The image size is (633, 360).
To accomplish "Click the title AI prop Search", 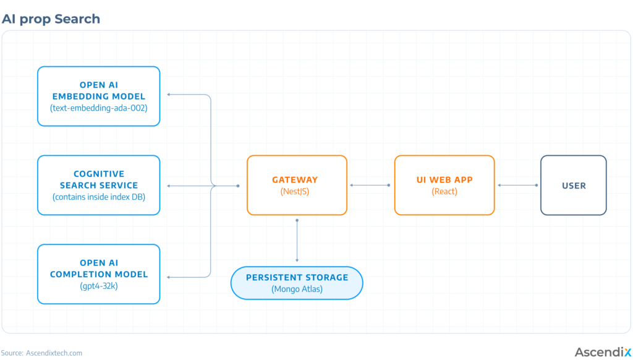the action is (x=51, y=19).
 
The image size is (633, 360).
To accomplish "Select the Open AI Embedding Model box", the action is (x=98, y=96).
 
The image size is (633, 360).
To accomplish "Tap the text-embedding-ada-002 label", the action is (x=98, y=108).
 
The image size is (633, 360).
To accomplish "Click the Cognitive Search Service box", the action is (x=98, y=185).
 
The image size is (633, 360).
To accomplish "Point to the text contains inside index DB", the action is (x=98, y=197).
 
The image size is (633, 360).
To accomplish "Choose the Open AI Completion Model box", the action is (x=98, y=274).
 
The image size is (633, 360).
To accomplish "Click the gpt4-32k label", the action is (x=98, y=286).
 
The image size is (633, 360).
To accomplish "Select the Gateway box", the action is (x=297, y=185).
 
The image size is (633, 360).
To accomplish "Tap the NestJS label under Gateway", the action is (x=295, y=192).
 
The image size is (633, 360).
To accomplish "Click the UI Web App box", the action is (x=444, y=185).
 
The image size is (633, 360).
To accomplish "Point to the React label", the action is (x=444, y=192).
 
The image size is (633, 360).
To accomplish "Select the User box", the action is (x=573, y=185).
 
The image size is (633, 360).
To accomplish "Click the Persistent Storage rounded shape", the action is (x=297, y=283).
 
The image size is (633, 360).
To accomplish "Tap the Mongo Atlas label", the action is (x=297, y=289).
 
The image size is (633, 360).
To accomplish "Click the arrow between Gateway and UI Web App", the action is (x=370, y=186).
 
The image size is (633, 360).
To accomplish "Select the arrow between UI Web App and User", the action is (x=517, y=186).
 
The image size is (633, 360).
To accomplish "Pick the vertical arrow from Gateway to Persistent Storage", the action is (x=297, y=241).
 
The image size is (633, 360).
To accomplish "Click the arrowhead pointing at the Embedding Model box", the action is (x=169, y=95).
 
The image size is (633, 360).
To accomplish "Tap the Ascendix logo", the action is (x=603, y=352).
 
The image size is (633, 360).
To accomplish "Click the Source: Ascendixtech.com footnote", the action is (x=41, y=353).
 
